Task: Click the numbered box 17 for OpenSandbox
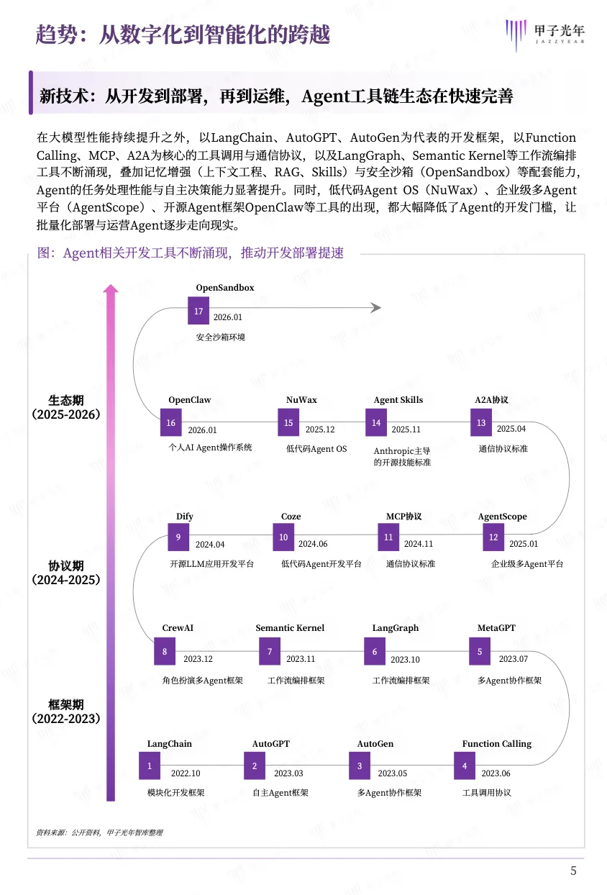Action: [198, 312]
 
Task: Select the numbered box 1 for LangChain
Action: [150, 766]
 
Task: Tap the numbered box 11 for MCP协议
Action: [388, 537]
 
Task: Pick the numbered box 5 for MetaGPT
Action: [480, 652]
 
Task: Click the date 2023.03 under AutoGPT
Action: [288, 773]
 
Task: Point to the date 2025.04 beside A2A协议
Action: [511, 429]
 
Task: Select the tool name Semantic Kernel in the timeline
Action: [290, 628]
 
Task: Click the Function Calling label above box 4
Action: [496, 744]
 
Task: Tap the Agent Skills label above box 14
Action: [398, 400]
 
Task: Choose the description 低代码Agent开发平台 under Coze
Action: [321, 564]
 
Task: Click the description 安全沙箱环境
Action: [220, 337]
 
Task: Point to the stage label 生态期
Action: [66, 401]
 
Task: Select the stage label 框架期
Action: [66, 704]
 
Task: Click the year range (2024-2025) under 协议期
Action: [66, 579]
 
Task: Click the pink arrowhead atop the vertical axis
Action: [110, 289]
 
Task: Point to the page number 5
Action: [573, 871]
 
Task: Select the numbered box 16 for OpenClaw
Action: [170, 423]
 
